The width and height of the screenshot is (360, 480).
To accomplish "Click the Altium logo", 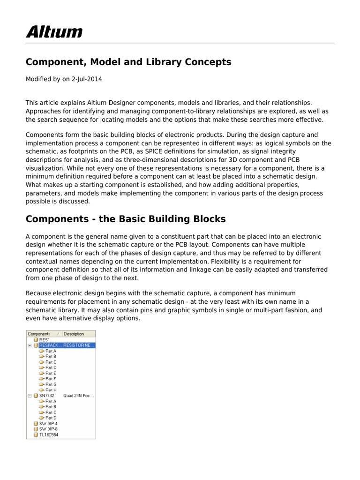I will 54,32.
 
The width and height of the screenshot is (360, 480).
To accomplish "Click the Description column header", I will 74,334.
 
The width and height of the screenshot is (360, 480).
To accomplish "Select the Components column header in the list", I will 39,334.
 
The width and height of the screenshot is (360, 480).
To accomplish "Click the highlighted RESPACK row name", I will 50,345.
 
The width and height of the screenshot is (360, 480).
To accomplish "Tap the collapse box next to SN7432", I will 29,396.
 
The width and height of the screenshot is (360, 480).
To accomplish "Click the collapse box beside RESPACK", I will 29,345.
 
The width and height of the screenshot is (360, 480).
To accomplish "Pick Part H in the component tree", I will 51,390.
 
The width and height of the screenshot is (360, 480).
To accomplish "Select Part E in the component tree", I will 51,373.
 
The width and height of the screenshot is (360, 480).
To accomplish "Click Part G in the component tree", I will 51,384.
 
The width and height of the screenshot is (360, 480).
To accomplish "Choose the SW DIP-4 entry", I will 48,423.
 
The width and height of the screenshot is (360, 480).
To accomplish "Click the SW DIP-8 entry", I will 48,429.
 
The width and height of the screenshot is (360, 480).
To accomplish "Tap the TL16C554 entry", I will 49,435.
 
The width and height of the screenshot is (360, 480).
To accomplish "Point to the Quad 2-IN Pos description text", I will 78,396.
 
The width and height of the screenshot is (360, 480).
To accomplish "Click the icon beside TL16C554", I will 36,435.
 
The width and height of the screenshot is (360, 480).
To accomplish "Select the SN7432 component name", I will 47,396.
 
